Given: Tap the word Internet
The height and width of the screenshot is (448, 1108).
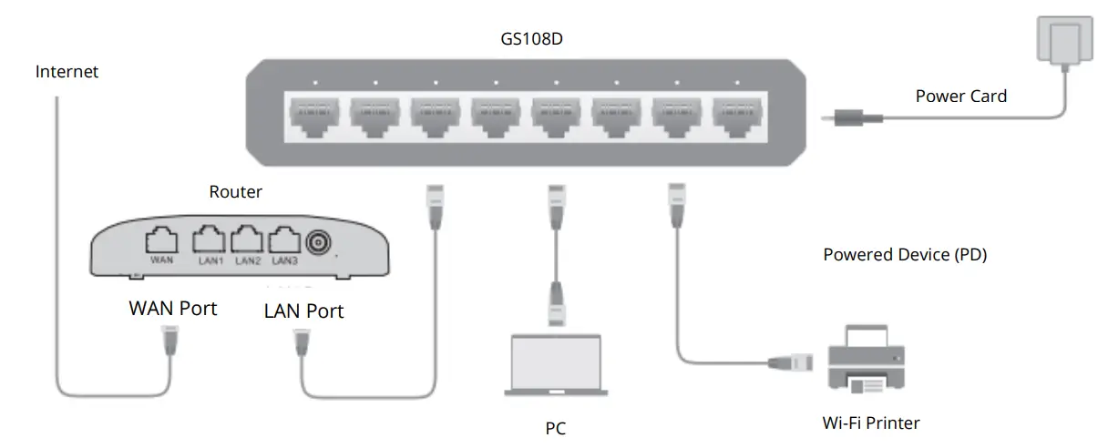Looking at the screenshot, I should pos(67,71).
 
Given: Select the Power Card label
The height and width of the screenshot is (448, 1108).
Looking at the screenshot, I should pos(961,96).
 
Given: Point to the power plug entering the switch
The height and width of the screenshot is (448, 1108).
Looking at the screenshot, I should pos(852,117).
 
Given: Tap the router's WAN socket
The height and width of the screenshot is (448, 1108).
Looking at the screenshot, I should pos(161,240).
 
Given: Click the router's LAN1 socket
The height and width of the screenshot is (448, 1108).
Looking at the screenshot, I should pos(209,240).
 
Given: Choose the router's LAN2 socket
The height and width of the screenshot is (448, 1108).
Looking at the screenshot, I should pos(248,240).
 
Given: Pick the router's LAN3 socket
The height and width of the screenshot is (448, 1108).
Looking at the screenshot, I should pos(285,240).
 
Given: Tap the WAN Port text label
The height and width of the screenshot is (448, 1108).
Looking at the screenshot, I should pos(173,309).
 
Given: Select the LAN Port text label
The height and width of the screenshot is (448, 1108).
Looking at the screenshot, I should pos(303,311).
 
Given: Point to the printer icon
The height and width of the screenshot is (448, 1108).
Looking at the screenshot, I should pos(867,361).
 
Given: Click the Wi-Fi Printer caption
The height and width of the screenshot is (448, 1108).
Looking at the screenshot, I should pos(870,423).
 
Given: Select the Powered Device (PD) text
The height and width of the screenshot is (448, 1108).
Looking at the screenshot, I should pos(905,255).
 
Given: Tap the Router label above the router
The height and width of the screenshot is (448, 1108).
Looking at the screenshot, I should pos(235,192).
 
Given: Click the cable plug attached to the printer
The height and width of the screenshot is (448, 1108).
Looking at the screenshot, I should pos(792,361).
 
